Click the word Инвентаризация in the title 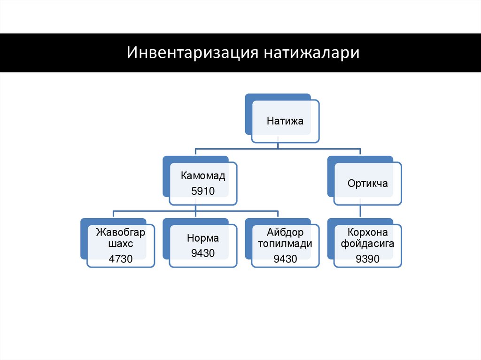tap(193, 53)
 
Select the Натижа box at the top tap(285, 121)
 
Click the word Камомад tap(203, 176)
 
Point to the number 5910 tap(203, 191)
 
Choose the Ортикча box tap(368, 183)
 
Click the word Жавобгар tap(121, 232)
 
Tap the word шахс tap(121, 245)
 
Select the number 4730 tap(121, 258)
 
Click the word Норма tap(203, 238)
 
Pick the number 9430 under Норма tap(203, 253)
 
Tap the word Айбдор tap(285, 232)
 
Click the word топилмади tap(285, 245)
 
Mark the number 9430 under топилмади tap(285, 258)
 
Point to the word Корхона tap(368, 232)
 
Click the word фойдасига tap(368, 245)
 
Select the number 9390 tap(368, 258)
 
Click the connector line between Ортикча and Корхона tap(360, 211)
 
